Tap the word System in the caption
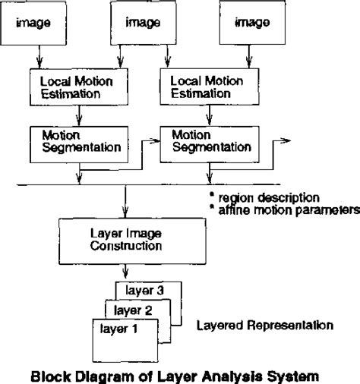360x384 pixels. pos(284,374)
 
